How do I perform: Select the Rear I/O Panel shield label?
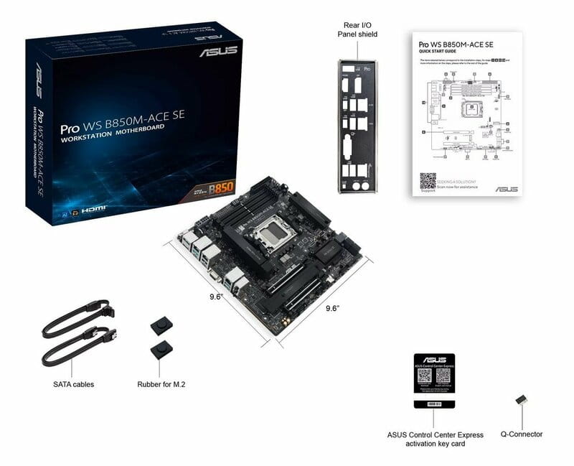(357, 29)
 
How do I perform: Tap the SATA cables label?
(73, 384)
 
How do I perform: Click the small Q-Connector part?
(521, 401)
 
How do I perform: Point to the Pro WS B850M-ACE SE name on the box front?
(122, 122)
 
